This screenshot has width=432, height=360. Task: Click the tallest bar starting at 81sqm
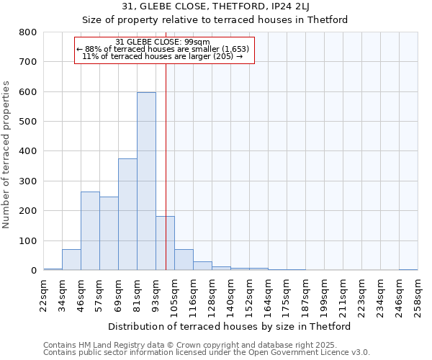tap(146, 181)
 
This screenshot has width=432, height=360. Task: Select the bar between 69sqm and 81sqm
tap(127, 215)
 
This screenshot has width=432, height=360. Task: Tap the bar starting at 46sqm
tap(90, 231)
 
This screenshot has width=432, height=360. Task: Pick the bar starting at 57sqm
tap(109, 233)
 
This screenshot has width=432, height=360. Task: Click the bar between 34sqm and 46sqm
tap(71, 260)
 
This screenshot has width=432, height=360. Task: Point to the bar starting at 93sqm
tap(165, 243)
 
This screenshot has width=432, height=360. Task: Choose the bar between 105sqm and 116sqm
tap(184, 260)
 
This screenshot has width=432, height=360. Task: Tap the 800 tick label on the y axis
tap(28, 32)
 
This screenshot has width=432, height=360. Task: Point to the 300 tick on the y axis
tap(28, 181)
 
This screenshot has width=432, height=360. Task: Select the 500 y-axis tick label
tap(28, 122)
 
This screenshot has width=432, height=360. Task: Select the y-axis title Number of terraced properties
tap(7, 155)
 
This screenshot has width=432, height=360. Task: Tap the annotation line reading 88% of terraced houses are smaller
tap(163, 49)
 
